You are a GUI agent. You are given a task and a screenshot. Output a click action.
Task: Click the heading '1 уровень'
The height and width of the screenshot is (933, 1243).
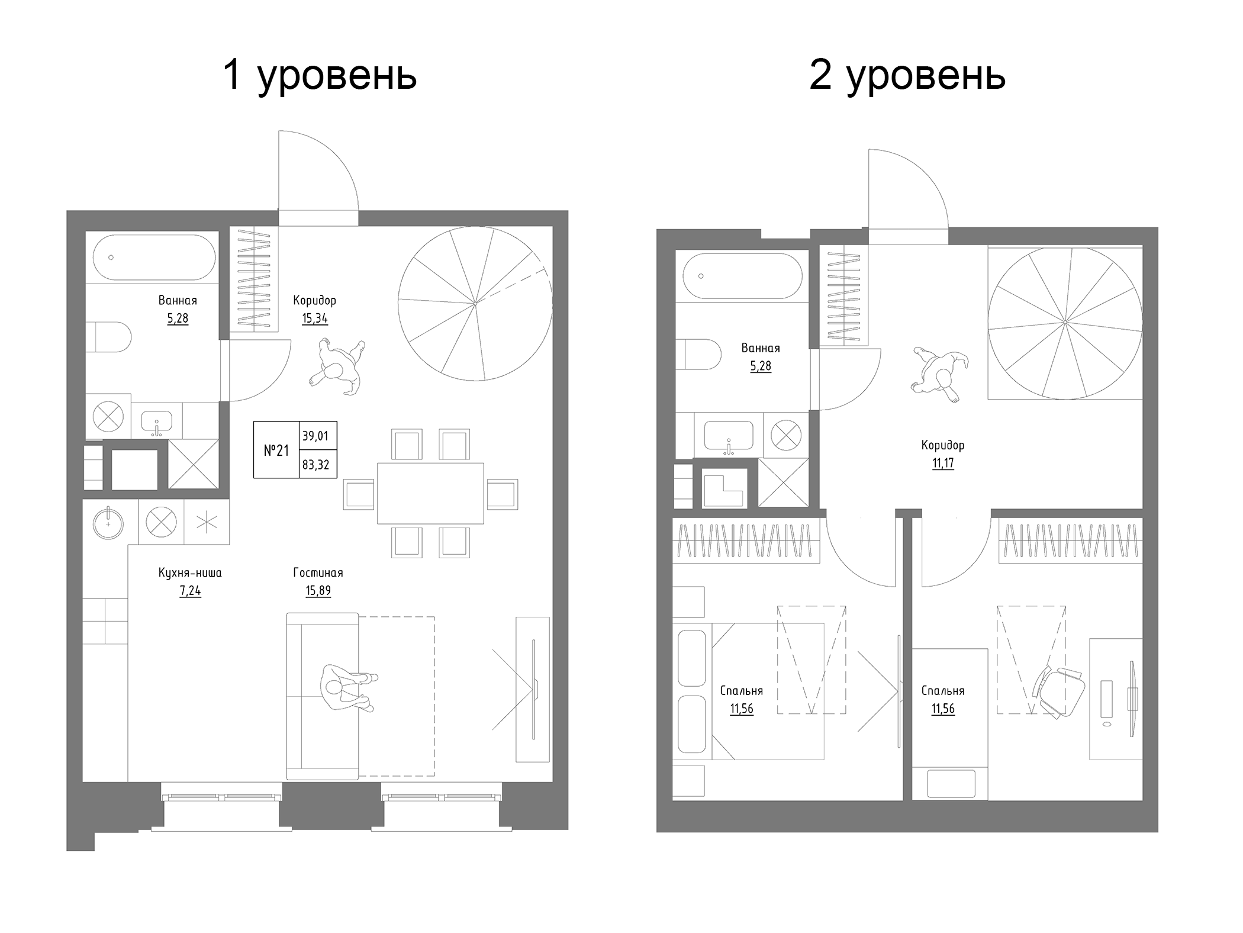320,76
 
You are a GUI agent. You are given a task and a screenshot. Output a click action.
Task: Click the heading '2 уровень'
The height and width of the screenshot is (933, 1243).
907,76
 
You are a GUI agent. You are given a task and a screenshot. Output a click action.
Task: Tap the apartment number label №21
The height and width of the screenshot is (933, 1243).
276,451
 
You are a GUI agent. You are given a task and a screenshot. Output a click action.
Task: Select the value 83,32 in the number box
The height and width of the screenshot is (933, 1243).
315,465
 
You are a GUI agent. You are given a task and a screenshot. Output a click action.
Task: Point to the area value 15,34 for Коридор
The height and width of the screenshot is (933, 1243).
314,318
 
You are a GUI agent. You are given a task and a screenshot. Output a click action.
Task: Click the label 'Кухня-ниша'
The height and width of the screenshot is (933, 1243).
190,572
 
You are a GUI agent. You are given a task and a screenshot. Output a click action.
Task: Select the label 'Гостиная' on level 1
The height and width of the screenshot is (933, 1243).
318,572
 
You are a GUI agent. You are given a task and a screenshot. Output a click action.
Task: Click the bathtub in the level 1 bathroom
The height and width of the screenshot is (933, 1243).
154,258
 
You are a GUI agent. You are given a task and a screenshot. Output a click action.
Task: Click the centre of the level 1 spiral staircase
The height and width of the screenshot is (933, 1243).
475,303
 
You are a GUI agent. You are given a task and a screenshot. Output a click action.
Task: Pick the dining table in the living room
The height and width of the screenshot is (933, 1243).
430,494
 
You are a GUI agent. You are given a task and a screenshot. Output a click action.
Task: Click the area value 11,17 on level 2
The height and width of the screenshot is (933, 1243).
943,464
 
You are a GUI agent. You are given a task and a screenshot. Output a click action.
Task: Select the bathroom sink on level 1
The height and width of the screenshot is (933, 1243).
156,422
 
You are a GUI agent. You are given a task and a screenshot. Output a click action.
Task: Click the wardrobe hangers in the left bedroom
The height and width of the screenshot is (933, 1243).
746,541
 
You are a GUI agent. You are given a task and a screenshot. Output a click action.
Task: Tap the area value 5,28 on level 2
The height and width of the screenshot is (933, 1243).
761,366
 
